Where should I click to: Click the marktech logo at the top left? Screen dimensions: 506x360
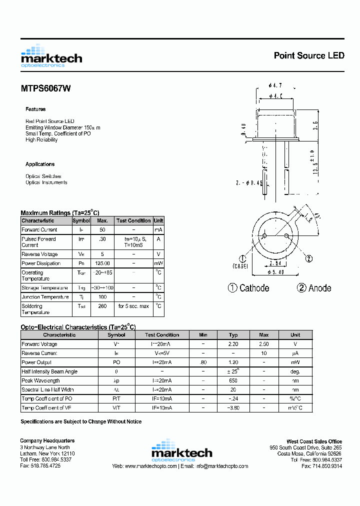[51, 56]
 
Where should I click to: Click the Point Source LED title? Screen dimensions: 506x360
[308, 55]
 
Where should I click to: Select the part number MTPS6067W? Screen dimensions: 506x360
[45, 88]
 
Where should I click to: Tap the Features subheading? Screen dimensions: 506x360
[35, 109]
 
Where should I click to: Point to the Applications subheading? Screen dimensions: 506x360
[40, 164]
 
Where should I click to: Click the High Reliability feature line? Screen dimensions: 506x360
[41, 140]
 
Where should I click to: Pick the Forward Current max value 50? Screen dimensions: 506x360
[102, 229]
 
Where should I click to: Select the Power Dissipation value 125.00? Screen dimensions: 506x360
[102, 263]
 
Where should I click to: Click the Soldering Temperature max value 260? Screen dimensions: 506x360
[102, 306]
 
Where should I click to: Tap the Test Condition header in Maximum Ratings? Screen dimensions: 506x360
[133, 220]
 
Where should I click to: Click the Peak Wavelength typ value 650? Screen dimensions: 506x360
[233, 380]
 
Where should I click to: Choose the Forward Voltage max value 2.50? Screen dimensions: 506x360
[263, 344]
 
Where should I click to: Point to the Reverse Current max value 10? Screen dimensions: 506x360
[263, 353]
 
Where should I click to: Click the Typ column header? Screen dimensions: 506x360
[233, 335]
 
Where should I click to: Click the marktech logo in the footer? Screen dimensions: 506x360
[181, 450]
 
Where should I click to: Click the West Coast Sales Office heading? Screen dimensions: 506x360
[314, 441]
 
